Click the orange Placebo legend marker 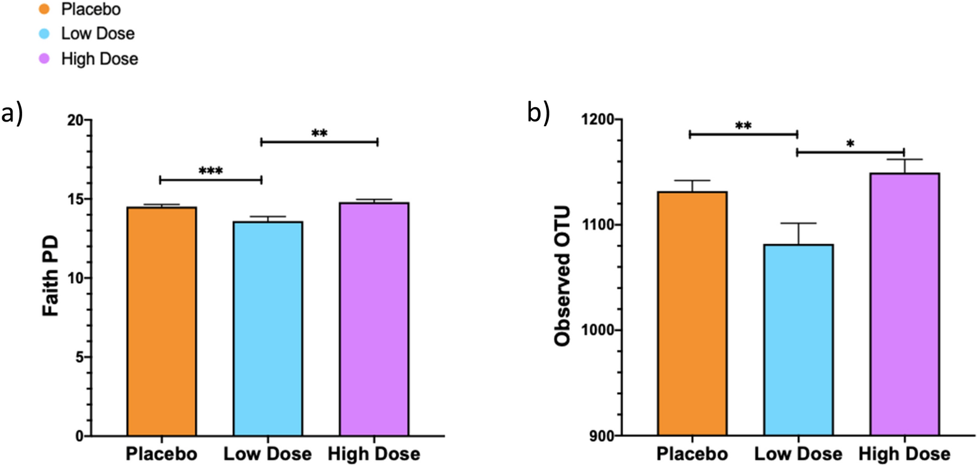tap(44, 10)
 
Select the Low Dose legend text tap(98, 34)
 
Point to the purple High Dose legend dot tap(44, 59)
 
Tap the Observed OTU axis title tap(563, 276)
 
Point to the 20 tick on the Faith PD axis tap(76, 120)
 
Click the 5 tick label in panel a tap(80, 357)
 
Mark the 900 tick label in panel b tap(602, 436)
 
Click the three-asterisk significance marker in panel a tap(211, 172)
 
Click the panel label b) tap(538, 113)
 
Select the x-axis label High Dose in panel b tap(904, 454)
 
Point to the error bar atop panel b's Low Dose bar tap(798, 233)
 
